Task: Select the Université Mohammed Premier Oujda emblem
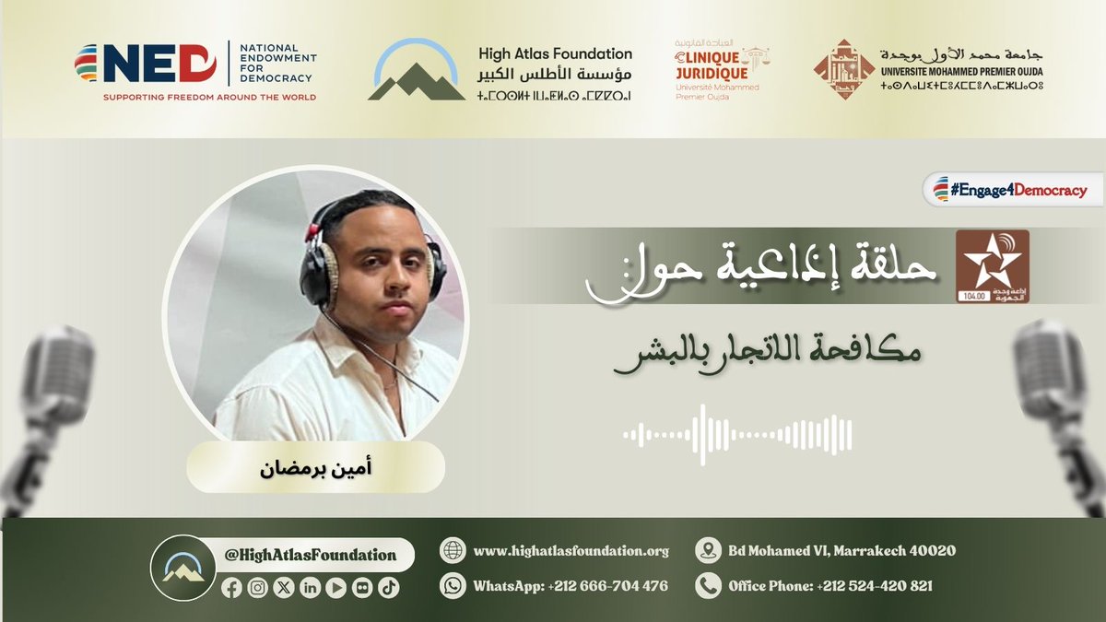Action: pyautogui.click(x=842, y=69)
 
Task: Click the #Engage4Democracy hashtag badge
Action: pyautogui.click(x=1014, y=191)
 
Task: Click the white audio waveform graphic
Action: pyautogui.click(x=737, y=433)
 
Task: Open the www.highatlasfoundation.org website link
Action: pyautogui.click(x=571, y=551)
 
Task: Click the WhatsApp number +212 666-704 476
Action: pyautogui.click(x=571, y=586)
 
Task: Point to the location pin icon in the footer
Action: pyautogui.click(x=708, y=551)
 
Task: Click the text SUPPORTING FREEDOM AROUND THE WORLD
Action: pyautogui.click(x=209, y=97)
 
